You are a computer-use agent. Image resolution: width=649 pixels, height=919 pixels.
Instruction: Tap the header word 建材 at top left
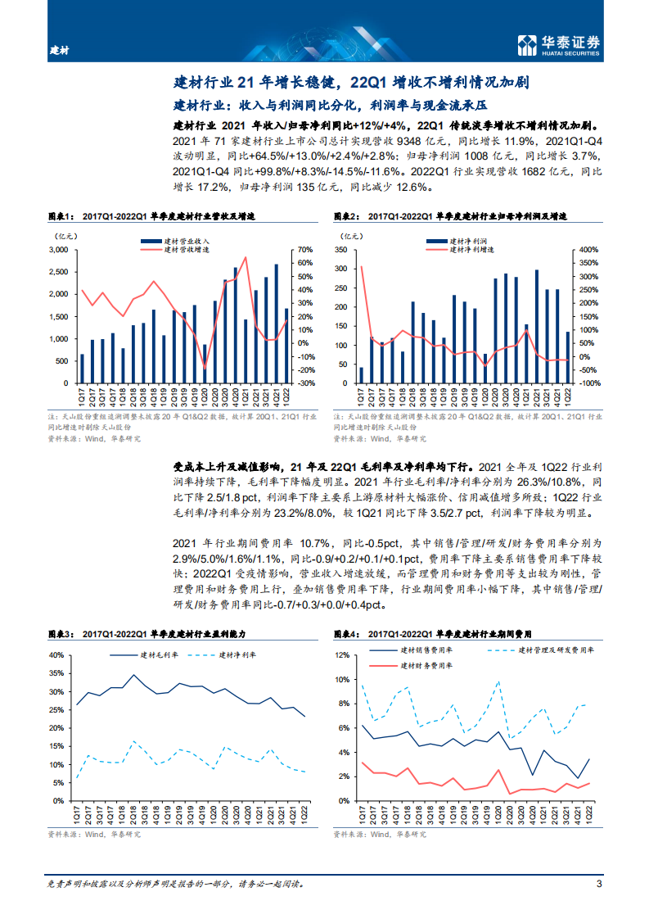[x=59, y=50]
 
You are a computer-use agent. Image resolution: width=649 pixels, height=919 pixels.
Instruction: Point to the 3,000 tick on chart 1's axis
[x=58, y=250]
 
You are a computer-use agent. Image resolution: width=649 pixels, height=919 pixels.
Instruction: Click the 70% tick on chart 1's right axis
[x=304, y=250]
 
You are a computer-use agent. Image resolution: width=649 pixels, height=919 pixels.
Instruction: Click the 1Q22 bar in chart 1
[x=285, y=345]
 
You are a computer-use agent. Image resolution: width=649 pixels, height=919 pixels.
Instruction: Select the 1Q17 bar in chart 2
[x=362, y=374]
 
